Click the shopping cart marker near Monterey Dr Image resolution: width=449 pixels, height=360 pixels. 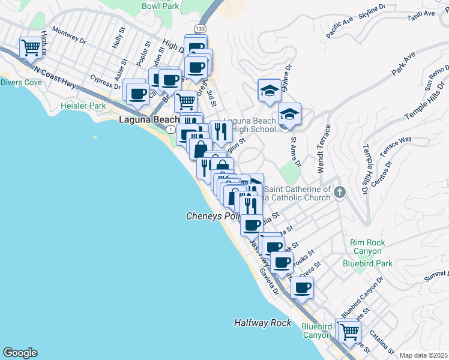tap(31, 47)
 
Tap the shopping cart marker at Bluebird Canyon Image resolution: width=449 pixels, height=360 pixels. tap(349, 331)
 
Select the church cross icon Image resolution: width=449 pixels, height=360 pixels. tap(340, 193)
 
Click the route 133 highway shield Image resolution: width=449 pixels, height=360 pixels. tap(200, 29)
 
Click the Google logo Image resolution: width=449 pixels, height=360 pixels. tap(20, 353)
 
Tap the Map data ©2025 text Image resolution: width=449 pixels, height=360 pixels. tap(423, 355)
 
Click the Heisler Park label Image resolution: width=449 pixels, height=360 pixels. tap(83, 106)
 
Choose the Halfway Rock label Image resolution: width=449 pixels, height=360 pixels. tap(262, 323)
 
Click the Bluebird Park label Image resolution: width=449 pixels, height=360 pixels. tap(367, 263)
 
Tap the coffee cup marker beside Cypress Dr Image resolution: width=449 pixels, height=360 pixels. tap(138, 93)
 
